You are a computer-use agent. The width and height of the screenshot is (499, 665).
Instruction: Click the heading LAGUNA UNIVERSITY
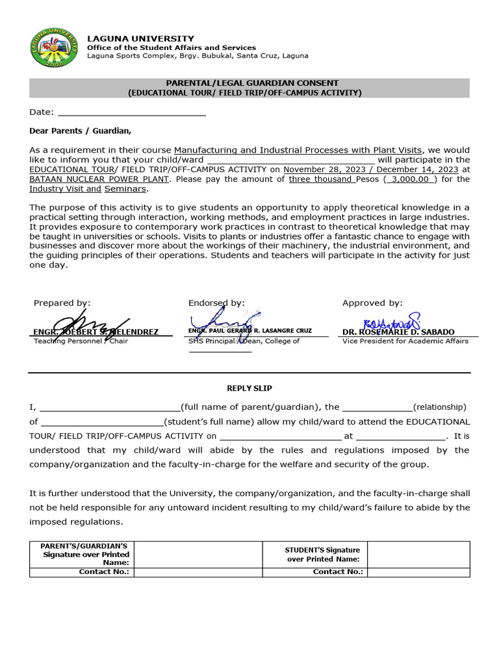[x=140, y=39]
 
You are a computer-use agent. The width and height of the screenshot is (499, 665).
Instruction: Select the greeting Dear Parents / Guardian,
[x=80, y=131]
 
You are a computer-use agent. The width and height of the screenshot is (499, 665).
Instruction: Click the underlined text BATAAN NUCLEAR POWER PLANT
[x=99, y=179]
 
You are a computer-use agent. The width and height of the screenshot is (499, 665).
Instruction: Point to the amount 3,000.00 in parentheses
[x=411, y=179]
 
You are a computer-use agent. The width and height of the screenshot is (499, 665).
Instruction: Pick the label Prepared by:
[x=62, y=303]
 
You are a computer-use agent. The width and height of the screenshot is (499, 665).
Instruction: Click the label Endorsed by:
[x=216, y=303]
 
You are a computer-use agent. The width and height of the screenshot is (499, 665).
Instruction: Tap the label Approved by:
[x=372, y=303]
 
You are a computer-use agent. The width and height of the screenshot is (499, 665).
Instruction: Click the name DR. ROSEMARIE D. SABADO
[x=398, y=332]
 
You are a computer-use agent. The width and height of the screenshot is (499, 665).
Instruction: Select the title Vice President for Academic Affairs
[x=405, y=341]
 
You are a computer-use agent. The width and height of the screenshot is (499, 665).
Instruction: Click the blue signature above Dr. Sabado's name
[x=391, y=321]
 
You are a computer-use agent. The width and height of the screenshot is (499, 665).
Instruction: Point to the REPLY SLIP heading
[x=249, y=388]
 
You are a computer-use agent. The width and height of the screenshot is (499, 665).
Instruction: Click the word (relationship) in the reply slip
[x=439, y=407]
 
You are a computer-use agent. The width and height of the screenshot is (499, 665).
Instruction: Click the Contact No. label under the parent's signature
[x=104, y=572]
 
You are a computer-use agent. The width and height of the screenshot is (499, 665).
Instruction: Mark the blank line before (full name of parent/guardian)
[x=110, y=408]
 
